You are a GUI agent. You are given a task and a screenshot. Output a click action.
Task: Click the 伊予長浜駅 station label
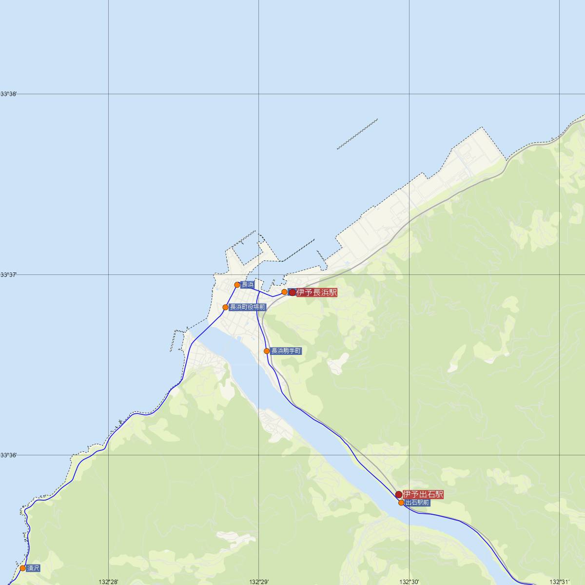click(x=317, y=292)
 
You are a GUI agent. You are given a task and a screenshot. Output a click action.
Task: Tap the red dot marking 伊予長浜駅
click(x=292, y=292)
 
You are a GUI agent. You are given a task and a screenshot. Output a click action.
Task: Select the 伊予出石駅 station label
click(x=423, y=494)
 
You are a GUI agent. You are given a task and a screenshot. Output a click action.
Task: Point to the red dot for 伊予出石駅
click(x=399, y=494)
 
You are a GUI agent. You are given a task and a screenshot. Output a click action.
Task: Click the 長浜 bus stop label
click(x=248, y=285)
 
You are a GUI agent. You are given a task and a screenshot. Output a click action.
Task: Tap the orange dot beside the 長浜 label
click(x=237, y=285)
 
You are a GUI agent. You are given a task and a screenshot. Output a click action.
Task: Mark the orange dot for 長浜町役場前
click(x=225, y=307)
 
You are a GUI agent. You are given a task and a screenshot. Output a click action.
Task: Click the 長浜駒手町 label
click(x=286, y=351)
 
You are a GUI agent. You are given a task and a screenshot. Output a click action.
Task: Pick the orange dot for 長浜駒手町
click(x=267, y=351)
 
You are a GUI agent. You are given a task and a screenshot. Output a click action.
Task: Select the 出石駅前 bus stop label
click(x=417, y=502)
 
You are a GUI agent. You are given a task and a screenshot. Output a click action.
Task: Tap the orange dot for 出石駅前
click(x=401, y=503)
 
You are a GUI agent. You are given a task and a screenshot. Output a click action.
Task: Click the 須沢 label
click(x=33, y=568)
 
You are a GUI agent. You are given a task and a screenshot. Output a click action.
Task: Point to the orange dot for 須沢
click(x=22, y=568)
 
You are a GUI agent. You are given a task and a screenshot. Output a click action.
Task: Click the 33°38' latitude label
click(x=8, y=94)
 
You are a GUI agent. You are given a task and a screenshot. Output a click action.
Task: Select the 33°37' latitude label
click(x=8, y=275)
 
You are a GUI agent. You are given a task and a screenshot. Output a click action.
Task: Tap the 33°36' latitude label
click(x=8, y=455)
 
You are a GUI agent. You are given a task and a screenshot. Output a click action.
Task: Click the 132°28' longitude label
click(x=108, y=581)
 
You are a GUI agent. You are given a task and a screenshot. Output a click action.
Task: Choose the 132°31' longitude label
click(x=559, y=581)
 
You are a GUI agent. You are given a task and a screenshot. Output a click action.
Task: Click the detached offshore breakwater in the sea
click(x=357, y=134)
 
